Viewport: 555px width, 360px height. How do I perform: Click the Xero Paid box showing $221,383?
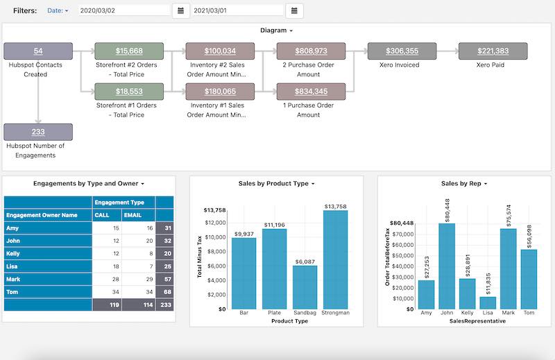[493, 51]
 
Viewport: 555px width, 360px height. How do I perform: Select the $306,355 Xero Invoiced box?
[402, 51]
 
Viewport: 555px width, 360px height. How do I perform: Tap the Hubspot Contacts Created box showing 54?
[38, 51]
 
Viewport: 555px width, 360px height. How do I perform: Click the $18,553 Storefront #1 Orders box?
[129, 92]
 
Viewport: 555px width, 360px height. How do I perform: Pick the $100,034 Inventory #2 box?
[220, 51]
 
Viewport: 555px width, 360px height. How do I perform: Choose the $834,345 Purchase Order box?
[311, 92]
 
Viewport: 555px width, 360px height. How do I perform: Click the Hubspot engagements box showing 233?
[38, 132]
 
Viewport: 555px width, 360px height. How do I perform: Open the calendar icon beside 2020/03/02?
[180, 10]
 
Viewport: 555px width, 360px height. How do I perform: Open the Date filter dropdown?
[58, 11]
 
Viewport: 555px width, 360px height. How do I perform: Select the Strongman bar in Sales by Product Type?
[336, 260]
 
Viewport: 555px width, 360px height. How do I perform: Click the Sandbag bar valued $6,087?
[305, 287]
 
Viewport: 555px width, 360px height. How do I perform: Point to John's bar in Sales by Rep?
[447, 266]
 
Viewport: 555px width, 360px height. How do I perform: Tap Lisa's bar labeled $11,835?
[488, 303]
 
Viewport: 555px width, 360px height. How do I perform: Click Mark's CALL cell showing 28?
[108, 278]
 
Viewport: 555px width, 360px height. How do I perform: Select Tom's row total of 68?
[165, 291]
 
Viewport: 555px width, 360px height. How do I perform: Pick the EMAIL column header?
[136, 215]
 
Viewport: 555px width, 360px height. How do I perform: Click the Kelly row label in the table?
[13, 253]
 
